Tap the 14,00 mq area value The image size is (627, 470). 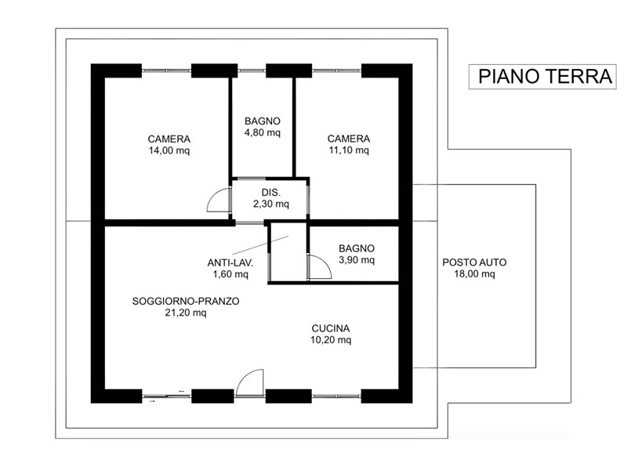click(x=169, y=150)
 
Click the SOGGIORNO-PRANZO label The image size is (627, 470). click(x=186, y=301)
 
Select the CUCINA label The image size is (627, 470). click(x=331, y=329)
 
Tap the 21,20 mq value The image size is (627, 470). click(x=186, y=313)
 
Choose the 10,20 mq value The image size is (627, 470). click(x=331, y=341)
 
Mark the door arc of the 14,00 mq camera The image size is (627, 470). click(x=217, y=201)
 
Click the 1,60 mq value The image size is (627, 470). click(x=230, y=275)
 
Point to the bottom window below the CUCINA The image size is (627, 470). click(x=336, y=396)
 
